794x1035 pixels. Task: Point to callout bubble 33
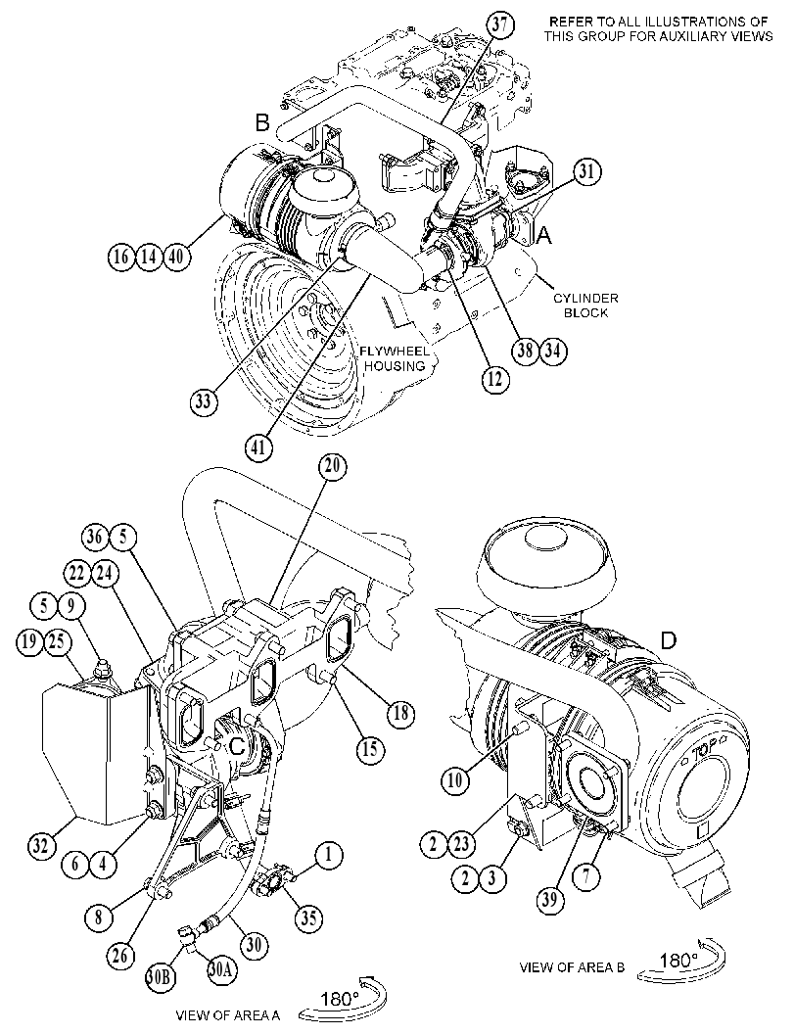tap(205, 400)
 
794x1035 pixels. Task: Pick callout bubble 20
tap(332, 466)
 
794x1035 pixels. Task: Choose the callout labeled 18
tap(400, 714)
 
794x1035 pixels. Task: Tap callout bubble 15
tap(371, 749)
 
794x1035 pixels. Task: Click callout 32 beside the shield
tap(41, 845)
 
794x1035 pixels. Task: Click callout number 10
tap(455, 780)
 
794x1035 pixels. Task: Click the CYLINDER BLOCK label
tap(585, 305)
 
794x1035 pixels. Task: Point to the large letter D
tap(669, 640)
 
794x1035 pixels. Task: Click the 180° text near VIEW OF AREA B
tap(679, 960)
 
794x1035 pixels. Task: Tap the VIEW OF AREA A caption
tap(228, 1015)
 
